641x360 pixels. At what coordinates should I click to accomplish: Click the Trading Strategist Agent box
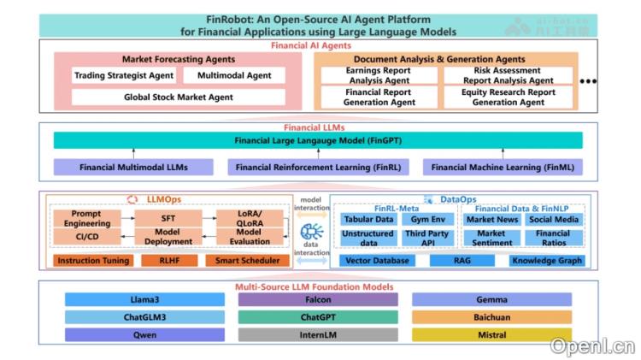(124, 75)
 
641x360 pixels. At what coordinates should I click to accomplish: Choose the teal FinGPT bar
(318, 139)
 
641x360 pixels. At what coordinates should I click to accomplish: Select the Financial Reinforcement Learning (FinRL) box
(318, 167)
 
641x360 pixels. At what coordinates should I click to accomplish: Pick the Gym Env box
(426, 220)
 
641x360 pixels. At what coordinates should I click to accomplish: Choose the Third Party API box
(426, 238)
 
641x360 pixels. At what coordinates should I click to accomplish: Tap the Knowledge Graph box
(547, 260)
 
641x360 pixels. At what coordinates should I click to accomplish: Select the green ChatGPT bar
(318, 317)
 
